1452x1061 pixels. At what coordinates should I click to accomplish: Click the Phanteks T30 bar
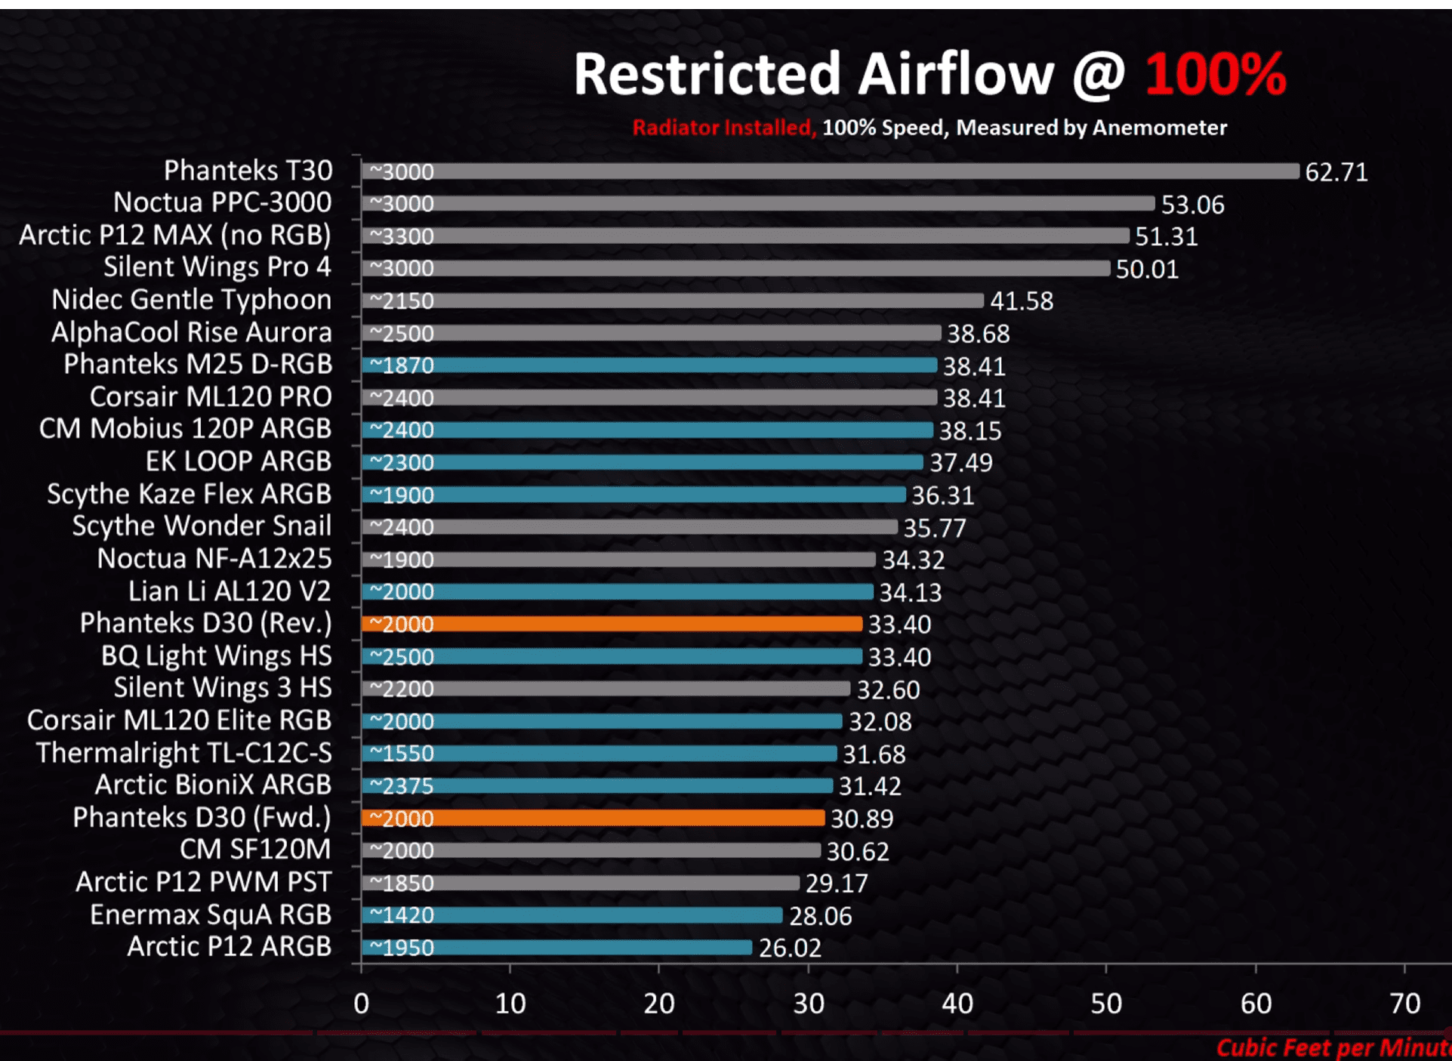pos(831,171)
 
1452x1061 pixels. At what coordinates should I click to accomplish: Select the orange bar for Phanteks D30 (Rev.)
pos(612,624)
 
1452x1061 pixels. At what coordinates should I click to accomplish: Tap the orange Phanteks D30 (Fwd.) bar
pos(593,818)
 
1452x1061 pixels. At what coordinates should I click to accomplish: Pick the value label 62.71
pos(1336,172)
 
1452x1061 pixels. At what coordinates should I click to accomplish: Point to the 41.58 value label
pos(1021,301)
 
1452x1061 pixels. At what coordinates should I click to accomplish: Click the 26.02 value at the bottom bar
pos(790,948)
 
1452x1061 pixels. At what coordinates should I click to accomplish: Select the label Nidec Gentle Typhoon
pos(191,300)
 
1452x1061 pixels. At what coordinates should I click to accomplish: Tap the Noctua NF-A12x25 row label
pos(214,559)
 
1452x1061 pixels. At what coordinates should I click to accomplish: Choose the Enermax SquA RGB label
pos(210,914)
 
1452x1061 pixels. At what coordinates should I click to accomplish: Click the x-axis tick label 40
pos(957,1004)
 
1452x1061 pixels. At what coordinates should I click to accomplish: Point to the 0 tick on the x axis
pos(362,1004)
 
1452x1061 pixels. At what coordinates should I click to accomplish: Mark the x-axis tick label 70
pos(1404,1004)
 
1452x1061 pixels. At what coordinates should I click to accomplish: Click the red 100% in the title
pos(1215,75)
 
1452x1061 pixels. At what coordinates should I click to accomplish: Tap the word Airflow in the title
pos(955,75)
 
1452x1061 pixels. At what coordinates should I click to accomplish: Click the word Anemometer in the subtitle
pos(1159,128)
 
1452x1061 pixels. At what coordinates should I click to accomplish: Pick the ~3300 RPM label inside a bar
pos(402,236)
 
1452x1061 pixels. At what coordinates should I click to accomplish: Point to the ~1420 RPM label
pos(402,915)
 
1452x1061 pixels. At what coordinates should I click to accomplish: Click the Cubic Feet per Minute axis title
pos(1333,1047)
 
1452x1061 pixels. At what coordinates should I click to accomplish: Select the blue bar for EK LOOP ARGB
pos(642,462)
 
